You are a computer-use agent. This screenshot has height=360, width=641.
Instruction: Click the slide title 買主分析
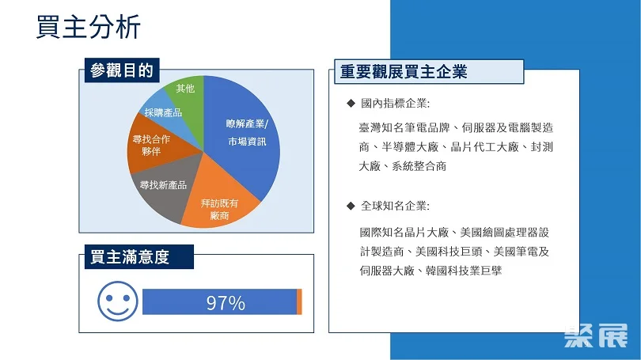[89, 27]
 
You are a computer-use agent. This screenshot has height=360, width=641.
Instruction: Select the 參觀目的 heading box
[122, 70]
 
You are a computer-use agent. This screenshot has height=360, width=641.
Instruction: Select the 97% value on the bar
[226, 303]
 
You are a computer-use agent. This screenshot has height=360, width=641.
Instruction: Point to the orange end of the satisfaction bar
[299, 302]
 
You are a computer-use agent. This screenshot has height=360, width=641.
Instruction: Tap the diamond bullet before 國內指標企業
[351, 103]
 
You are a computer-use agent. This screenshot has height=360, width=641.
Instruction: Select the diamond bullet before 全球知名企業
[351, 206]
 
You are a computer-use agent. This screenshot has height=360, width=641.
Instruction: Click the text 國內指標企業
[395, 104]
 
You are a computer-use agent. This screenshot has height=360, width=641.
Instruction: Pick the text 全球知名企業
[395, 206]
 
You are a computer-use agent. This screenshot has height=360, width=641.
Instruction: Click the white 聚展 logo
[596, 336]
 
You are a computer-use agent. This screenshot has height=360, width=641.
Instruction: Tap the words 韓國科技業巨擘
[464, 271]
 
